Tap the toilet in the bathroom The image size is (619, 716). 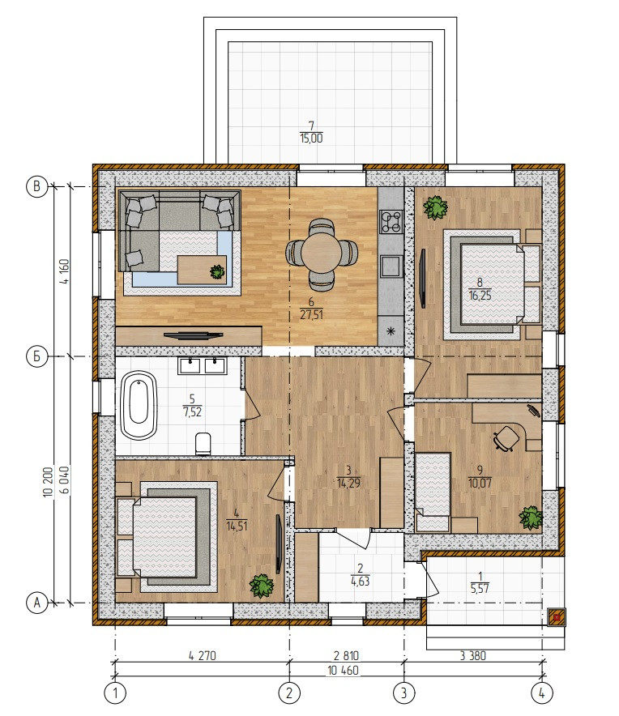tap(203, 444)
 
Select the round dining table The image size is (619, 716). tap(320, 253)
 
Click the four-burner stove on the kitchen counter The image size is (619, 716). tap(391, 221)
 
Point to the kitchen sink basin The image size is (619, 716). tap(391, 266)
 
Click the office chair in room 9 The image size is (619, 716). tap(506, 438)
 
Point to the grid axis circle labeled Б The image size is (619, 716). tap(37, 356)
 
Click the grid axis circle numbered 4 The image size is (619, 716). tap(542, 693)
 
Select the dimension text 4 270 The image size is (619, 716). tap(202, 656)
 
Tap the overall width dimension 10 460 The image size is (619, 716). tap(343, 671)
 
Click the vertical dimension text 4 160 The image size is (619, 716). tap(64, 271)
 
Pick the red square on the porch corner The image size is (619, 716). tap(557, 617)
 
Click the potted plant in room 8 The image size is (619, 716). tap(435, 208)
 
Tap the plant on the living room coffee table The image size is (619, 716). tap(217, 272)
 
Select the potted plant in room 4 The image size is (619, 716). tap(262, 586)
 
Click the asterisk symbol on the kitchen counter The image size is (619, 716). tap(391, 330)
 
